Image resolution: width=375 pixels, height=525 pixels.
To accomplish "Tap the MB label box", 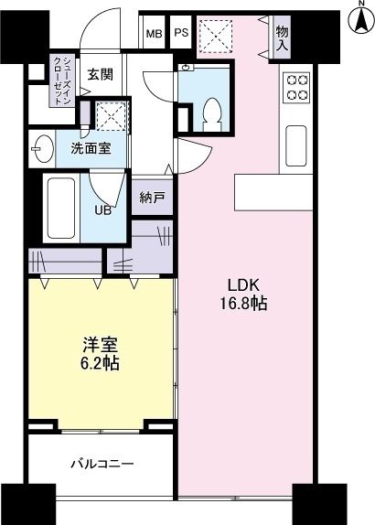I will click(155, 34).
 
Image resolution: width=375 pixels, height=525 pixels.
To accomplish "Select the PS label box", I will click(181, 34).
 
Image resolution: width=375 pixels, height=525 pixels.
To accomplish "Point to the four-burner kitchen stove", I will click(297, 86).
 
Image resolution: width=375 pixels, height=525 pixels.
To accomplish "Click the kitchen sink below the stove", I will click(297, 141).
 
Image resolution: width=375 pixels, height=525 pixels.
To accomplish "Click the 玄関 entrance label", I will click(100, 76).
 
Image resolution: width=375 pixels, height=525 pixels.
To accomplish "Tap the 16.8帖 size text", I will click(243, 304).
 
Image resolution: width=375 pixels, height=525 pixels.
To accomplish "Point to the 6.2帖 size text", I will click(100, 362).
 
